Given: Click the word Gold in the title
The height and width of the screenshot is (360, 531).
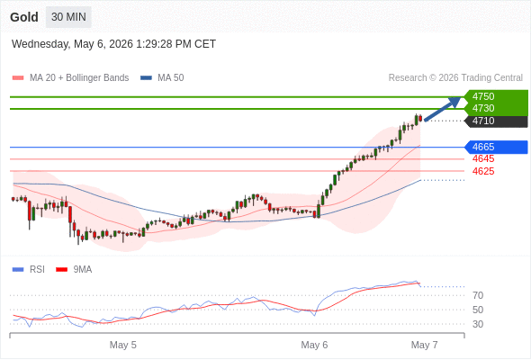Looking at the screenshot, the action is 24,17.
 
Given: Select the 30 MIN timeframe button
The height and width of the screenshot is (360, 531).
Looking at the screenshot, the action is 68,17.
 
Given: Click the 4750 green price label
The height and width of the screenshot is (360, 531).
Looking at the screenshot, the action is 483,96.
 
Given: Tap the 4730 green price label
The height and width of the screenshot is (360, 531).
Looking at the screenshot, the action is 483,108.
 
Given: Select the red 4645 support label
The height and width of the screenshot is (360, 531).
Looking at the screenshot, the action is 483,158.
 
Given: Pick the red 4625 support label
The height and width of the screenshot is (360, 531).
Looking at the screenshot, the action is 483,171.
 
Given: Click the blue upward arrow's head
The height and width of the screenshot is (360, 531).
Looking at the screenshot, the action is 455,101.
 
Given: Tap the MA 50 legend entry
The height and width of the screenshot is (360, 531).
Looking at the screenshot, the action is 162,78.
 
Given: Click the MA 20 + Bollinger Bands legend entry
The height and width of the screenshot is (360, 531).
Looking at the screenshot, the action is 70,78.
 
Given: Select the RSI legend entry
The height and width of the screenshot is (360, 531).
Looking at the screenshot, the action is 29,270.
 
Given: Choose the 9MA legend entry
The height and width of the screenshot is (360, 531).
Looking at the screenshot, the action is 74,270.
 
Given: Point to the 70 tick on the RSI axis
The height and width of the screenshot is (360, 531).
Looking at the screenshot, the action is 478,296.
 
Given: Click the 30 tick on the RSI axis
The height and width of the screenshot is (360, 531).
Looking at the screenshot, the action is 478,324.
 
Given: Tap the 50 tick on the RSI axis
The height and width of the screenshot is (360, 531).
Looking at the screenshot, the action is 478,310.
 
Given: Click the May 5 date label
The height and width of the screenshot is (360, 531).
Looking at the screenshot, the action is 123,345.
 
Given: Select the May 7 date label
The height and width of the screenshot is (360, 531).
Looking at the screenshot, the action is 424,345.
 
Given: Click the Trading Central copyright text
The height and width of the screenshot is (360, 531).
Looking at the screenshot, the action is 455,78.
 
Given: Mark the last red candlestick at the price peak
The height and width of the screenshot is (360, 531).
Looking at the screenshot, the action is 420,118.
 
